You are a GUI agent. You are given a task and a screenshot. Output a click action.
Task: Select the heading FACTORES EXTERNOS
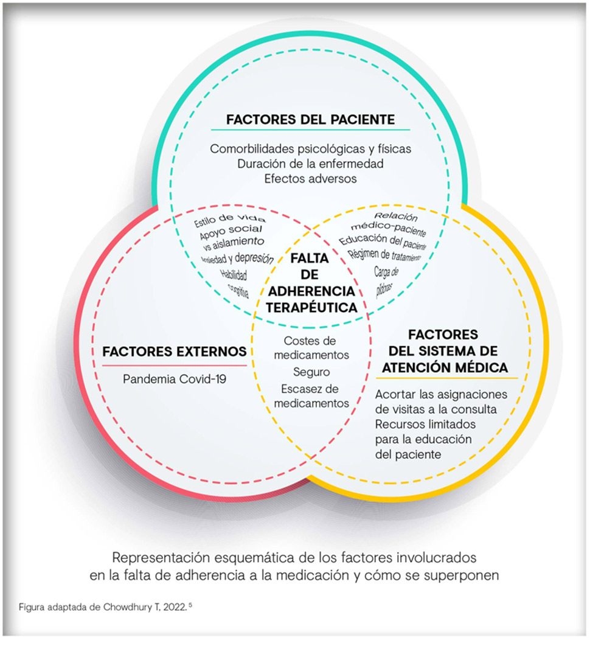[x=175, y=352]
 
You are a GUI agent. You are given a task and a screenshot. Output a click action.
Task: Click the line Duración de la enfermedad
[x=310, y=164]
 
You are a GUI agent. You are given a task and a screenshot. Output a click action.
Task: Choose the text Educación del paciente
[x=383, y=242]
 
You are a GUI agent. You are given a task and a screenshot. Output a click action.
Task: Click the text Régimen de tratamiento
[x=384, y=255]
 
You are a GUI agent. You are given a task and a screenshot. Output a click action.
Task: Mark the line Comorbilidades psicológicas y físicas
[x=311, y=148]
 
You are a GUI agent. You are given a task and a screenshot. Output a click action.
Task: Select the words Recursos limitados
[x=425, y=423]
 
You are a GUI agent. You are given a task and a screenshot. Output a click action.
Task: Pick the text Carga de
[x=386, y=269]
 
